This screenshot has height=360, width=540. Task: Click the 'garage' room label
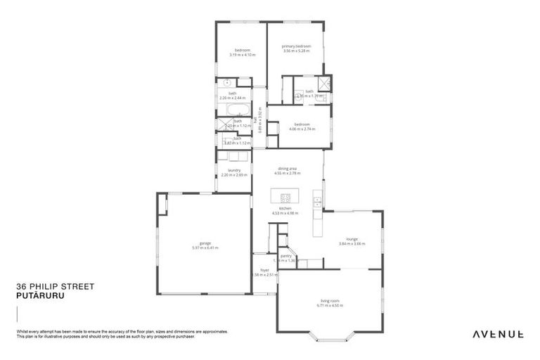[205, 243]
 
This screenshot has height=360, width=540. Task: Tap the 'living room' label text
[329, 301]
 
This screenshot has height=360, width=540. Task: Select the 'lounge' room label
[352, 239]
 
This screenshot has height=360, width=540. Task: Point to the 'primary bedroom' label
[297, 46]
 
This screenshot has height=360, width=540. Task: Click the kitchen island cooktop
[285, 198]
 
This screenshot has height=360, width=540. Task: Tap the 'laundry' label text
[234, 170]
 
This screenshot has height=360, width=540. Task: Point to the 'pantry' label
[285, 256]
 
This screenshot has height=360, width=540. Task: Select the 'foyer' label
[264, 269]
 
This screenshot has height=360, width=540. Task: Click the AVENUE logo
[497, 334]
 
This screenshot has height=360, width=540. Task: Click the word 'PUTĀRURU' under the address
[39, 296]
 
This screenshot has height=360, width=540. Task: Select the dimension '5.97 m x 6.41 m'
[205, 248]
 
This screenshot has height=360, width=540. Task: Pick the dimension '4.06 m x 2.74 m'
[302, 129]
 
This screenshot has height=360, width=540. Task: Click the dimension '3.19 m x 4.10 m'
[243, 54]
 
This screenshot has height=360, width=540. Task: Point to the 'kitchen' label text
[285, 209]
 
